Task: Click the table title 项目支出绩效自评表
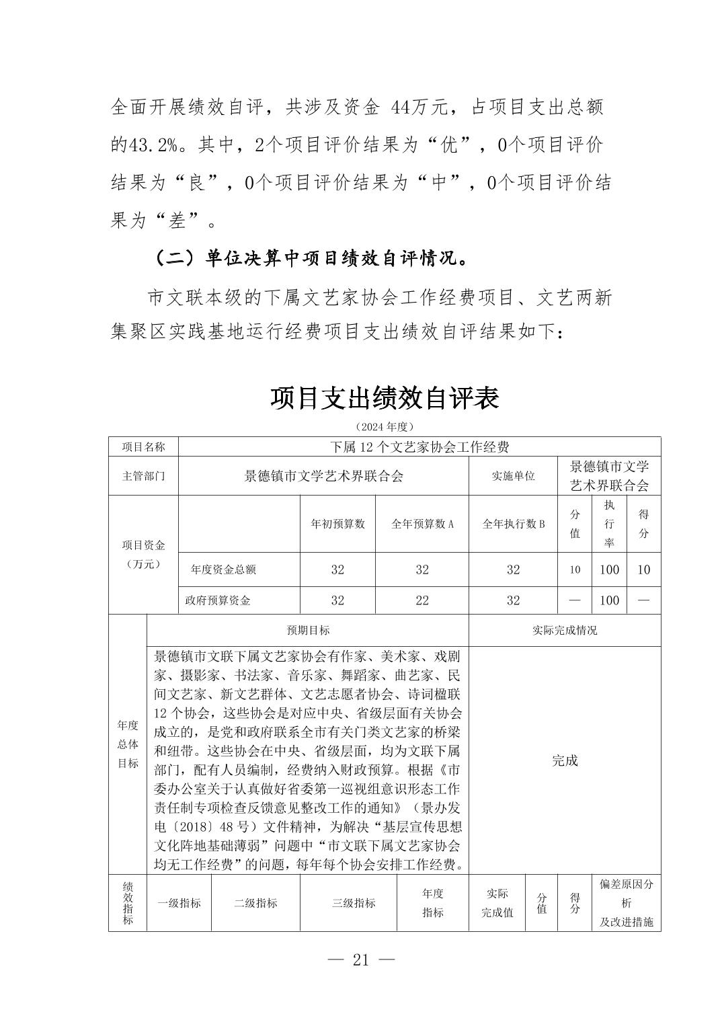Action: tap(385, 398)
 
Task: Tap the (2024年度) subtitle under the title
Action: tap(384, 427)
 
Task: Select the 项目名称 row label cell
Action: tap(143, 447)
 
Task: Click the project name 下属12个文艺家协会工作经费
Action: tap(419, 447)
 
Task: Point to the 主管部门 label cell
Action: tap(143, 476)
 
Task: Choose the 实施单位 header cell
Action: tap(513, 476)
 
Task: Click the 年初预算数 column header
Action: tap(337, 524)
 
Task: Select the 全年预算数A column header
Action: tap(422, 524)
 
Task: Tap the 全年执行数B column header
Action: tap(513, 524)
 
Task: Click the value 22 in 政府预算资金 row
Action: tap(422, 600)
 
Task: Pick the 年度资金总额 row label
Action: tap(223, 569)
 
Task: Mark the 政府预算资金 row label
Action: tap(218, 600)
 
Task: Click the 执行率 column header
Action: tap(609, 524)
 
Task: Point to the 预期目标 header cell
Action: tap(308, 630)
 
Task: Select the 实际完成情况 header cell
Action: tap(565, 630)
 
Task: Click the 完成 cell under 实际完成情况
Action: tap(565, 760)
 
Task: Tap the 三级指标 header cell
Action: tap(354, 903)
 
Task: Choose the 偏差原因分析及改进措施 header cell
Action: tap(626, 903)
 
